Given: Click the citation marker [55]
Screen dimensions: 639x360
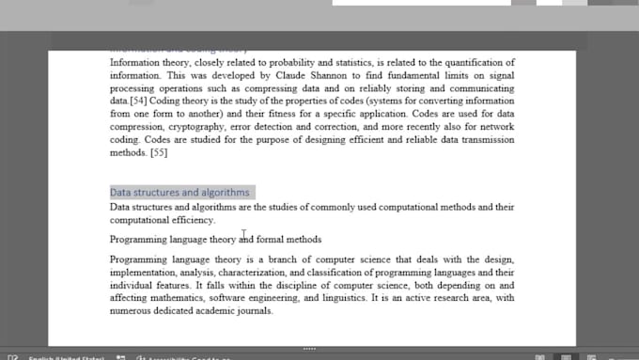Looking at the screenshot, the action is pos(158,151).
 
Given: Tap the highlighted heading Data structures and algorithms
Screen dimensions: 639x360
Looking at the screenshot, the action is pos(179,193).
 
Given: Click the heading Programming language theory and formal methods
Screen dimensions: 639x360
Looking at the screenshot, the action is pos(215,240).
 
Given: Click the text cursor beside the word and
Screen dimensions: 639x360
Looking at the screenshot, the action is pos(243,237).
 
